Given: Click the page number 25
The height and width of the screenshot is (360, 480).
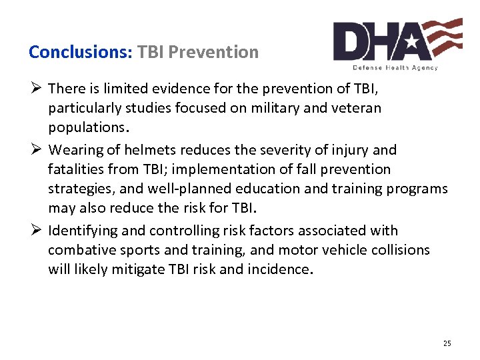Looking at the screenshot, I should tap(447, 343).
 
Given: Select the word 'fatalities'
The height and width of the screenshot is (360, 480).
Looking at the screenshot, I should tap(77, 169).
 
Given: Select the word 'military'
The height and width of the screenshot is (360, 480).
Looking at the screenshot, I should tap(301, 108).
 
